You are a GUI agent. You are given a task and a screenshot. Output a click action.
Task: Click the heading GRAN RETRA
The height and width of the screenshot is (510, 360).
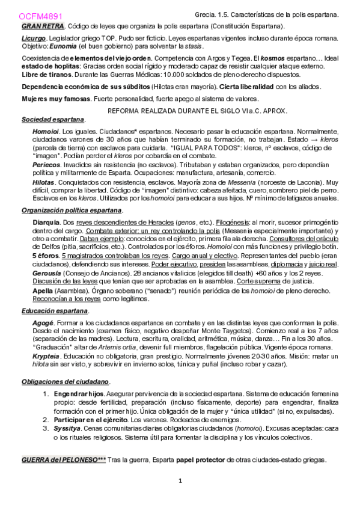click(43, 27)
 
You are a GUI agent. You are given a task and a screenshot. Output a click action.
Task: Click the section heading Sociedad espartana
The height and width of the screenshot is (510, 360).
click(53, 120)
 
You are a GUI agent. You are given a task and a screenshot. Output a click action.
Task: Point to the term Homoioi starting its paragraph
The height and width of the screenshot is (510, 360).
click(46, 131)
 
